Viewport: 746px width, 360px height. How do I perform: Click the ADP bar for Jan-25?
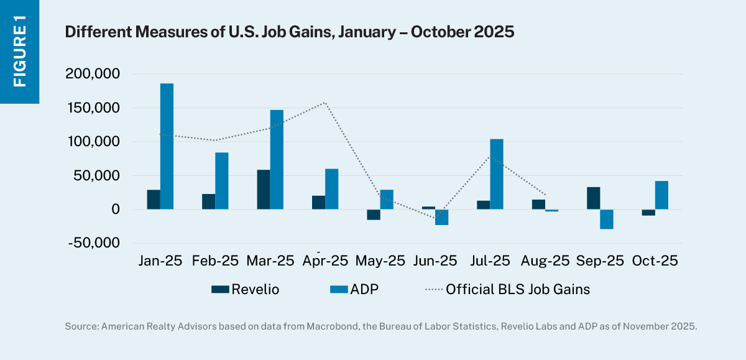pos(167,147)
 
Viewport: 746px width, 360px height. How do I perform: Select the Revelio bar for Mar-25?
pos(263,190)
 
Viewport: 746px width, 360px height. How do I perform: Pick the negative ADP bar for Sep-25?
pos(607,219)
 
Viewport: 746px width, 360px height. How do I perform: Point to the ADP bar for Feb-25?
pos(222,181)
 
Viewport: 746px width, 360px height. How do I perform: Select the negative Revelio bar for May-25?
pos(373,215)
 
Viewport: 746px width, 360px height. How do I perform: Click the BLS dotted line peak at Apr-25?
pos(325,103)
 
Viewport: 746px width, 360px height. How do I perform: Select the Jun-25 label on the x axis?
pos(435,261)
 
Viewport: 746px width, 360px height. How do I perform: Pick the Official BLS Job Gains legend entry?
pos(507,288)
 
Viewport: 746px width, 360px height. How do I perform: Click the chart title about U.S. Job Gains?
pos(289,32)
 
